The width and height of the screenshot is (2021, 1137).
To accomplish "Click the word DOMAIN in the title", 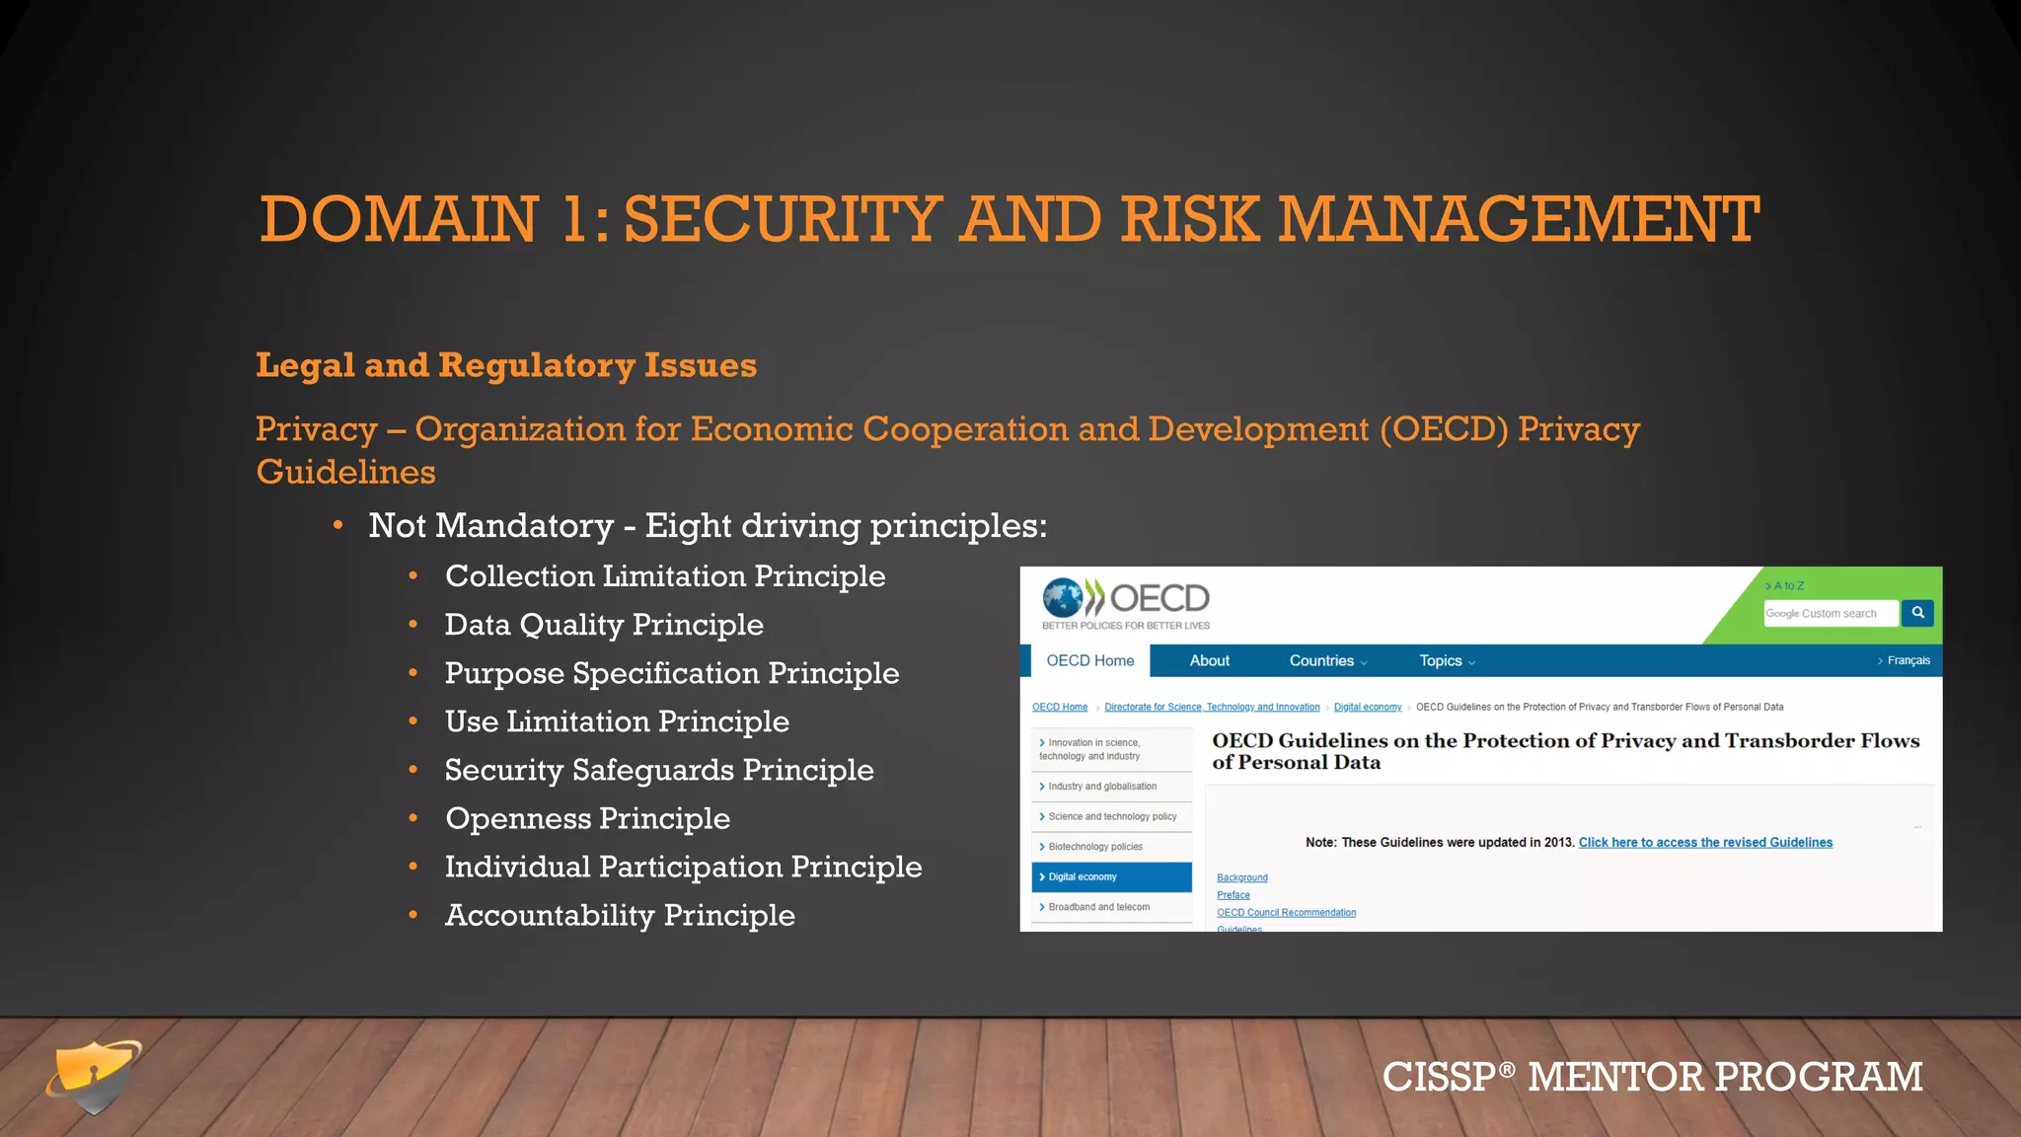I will click(399, 219).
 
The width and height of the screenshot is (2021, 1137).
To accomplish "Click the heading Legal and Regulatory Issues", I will click(505, 365).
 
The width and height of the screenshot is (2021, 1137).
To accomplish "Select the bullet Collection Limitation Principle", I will click(664, 576).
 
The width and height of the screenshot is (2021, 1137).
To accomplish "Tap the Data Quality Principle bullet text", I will click(603, 625).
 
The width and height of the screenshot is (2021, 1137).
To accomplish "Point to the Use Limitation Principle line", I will click(616, 721).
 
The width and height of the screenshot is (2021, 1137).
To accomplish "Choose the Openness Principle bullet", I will click(587, 818).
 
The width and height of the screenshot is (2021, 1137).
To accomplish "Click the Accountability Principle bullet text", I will click(619, 915).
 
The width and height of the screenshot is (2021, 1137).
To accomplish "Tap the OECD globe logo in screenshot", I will click(1063, 598).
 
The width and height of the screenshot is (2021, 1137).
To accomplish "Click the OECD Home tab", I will click(1089, 660).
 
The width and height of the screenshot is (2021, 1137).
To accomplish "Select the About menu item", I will click(1209, 660).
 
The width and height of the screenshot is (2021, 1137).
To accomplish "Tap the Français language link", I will click(1907, 660).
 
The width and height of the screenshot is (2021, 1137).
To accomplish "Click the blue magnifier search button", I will click(1917, 613).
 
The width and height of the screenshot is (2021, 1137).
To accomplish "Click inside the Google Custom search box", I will click(1829, 613).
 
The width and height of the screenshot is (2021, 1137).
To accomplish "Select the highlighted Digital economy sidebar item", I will click(1111, 876).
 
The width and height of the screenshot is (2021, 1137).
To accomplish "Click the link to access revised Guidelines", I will click(1704, 842).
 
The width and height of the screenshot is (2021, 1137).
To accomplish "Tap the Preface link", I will click(1233, 895).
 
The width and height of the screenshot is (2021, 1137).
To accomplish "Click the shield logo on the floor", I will click(95, 1076).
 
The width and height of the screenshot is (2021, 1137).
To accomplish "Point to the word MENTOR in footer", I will click(1615, 1077).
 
